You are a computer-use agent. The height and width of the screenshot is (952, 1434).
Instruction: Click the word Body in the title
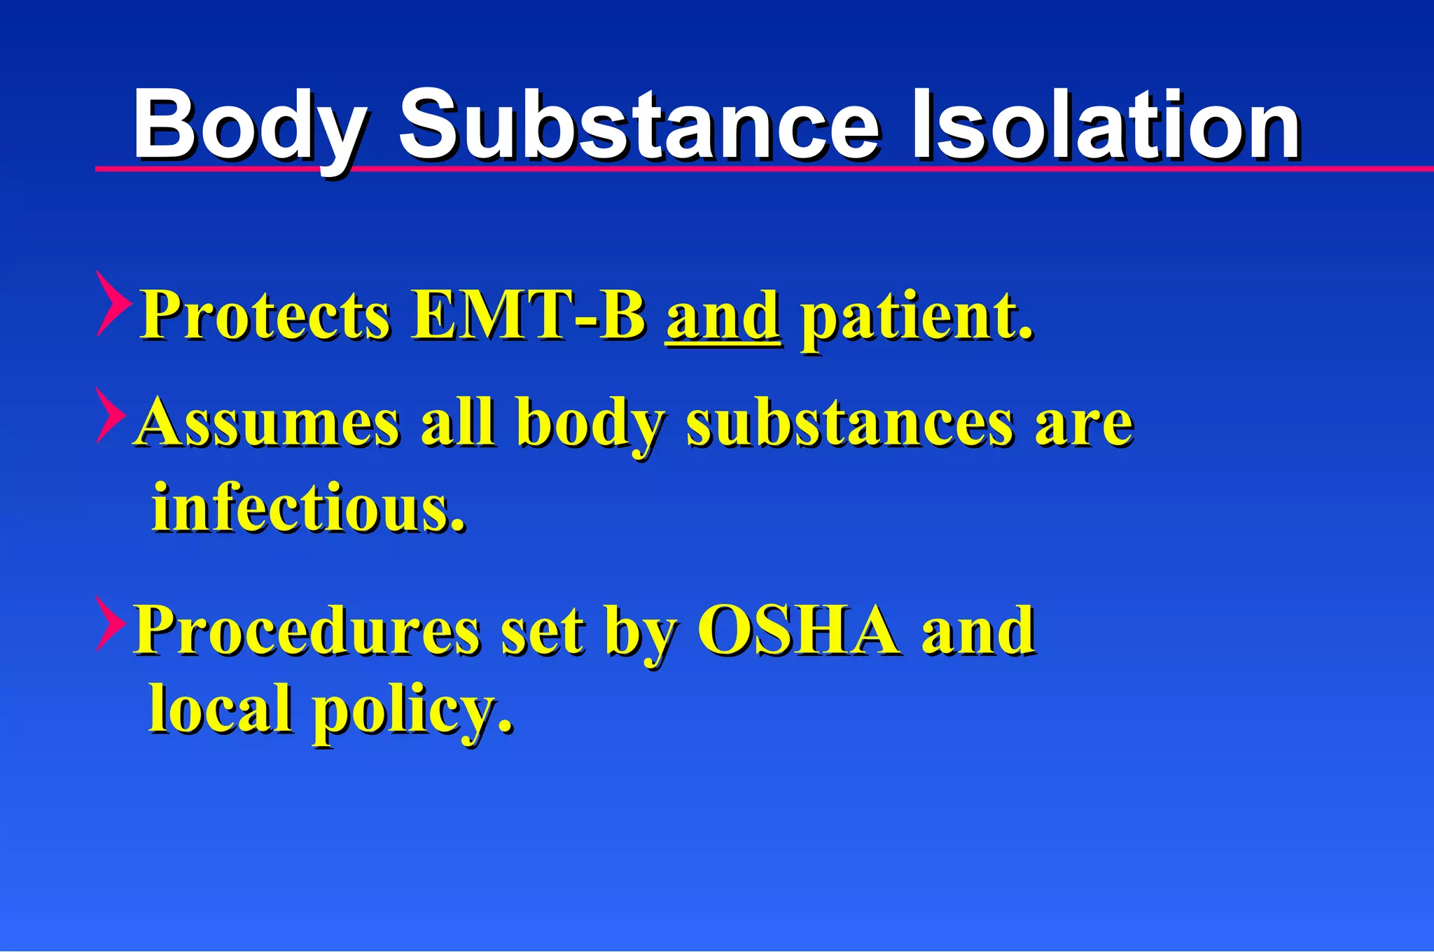(x=249, y=126)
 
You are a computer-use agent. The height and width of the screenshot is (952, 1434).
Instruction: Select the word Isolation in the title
(x=1105, y=126)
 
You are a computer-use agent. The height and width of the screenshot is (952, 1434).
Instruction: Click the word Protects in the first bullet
(x=265, y=316)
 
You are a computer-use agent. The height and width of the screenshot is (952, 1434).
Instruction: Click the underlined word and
(x=723, y=316)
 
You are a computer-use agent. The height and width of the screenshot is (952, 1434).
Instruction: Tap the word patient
(x=917, y=317)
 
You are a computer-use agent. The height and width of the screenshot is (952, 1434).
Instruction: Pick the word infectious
(x=308, y=507)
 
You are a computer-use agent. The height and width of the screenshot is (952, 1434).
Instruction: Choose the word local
(x=220, y=708)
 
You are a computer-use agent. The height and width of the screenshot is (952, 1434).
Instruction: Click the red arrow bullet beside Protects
(x=113, y=303)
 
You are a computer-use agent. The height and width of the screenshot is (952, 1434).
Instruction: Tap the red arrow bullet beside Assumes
(x=111, y=415)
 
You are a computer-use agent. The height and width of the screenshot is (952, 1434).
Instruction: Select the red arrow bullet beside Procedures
(x=111, y=624)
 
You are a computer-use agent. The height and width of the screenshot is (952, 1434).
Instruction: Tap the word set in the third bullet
(x=543, y=630)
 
